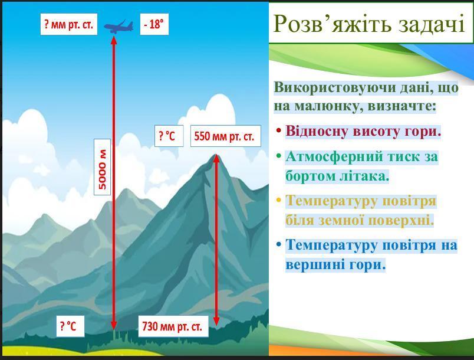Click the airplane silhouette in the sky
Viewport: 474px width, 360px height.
click(x=119, y=27)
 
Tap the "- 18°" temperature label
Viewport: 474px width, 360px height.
click(x=154, y=24)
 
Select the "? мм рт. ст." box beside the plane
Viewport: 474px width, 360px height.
click(x=69, y=24)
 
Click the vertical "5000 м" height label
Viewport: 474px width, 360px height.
click(x=103, y=167)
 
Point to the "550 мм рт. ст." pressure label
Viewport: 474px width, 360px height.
click(x=226, y=136)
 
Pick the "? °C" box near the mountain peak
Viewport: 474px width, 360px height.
click(x=169, y=136)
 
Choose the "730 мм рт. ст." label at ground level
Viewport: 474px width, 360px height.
click(x=173, y=326)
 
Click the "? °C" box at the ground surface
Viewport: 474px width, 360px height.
click(x=70, y=326)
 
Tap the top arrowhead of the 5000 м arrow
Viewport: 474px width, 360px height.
click(x=114, y=40)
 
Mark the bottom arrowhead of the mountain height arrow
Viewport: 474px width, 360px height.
click(x=216, y=321)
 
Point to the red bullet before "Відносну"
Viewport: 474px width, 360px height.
click(x=278, y=131)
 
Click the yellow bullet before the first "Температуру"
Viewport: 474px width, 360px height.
click(x=278, y=201)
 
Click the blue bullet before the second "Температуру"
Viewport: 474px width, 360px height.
click(x=278, y=244)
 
